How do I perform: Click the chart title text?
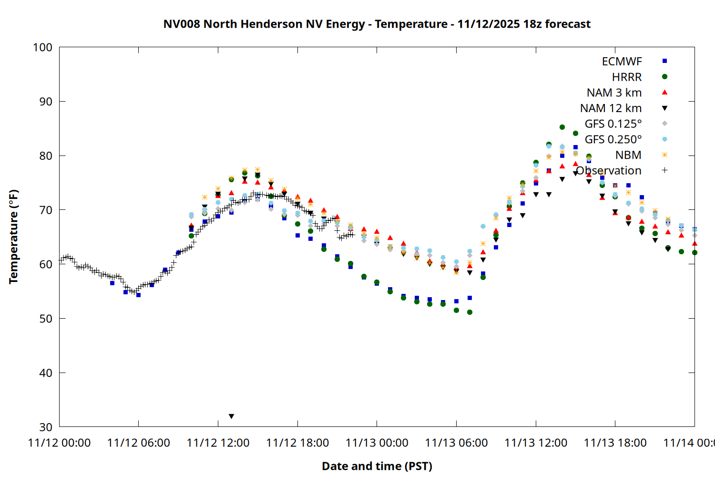pos(377,24)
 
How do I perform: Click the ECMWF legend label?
pos(622,62)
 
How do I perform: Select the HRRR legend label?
pos(627,77)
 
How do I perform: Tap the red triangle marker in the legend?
pos(664,93)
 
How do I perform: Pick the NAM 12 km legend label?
pos(611,108)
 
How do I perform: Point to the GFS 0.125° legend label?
pos(613,124)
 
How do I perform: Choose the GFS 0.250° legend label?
pos(613,139)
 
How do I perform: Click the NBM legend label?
pos(628,155)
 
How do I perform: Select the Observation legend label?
pos(609,171)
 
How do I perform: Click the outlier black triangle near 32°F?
pos(232,416)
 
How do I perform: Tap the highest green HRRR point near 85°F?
pos(562,127)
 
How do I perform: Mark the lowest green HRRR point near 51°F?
pos(470,312)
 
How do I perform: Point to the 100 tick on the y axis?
pos(42,47)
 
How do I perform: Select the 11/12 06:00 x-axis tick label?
pos(139,443)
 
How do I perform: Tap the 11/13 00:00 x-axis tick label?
pos(377,443)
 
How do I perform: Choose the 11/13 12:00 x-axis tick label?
pos(536,443)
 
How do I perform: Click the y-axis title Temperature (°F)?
pos(13,237)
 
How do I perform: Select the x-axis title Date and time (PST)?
pos(377,466)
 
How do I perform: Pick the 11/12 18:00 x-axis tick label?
pos(297,443)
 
